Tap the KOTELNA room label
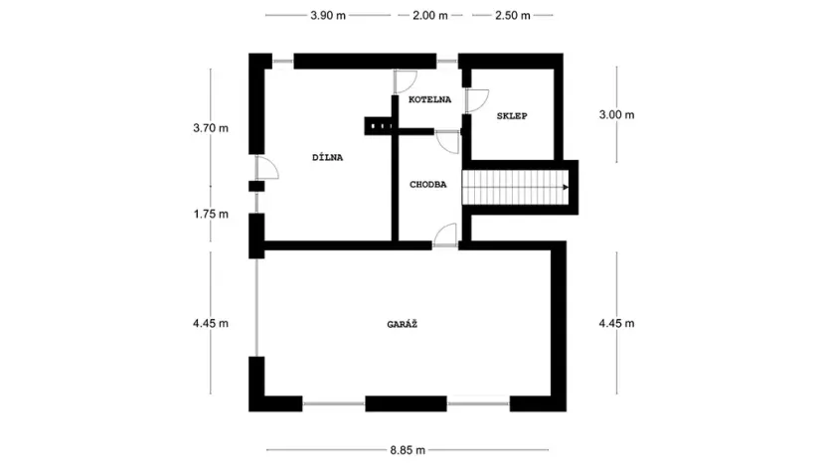(x=429, y=99)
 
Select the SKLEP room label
(x=511, y=116)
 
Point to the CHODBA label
(x=428, y=184)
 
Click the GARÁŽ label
(x=404, y=324)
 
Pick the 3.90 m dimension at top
(x=328, y=16)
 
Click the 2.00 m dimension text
(x=429, y=16)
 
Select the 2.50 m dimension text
(x=511, y=16)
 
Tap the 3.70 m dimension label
(x=211, y=128)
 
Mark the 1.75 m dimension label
(x=211, y=214)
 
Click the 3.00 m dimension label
(x=616, y=115)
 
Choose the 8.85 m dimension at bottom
(x=407, y=450)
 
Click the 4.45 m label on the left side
(x=211, y=323)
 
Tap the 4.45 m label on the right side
(x=616, y=323)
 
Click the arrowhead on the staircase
(x=565, y=187)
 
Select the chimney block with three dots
(x=379, y=125)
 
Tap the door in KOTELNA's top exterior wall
(x=406, y=80)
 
